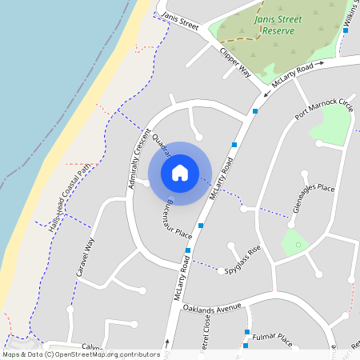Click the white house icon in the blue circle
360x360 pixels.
coord(180,173)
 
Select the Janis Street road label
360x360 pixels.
coord(179,20)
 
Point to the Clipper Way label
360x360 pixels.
coord(236,62)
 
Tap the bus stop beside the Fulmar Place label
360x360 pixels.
coord(247,332)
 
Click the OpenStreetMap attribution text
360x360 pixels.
coord(81,354)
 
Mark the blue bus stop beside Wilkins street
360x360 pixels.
coord(346,30)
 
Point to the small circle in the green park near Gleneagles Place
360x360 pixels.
coord(296,243)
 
